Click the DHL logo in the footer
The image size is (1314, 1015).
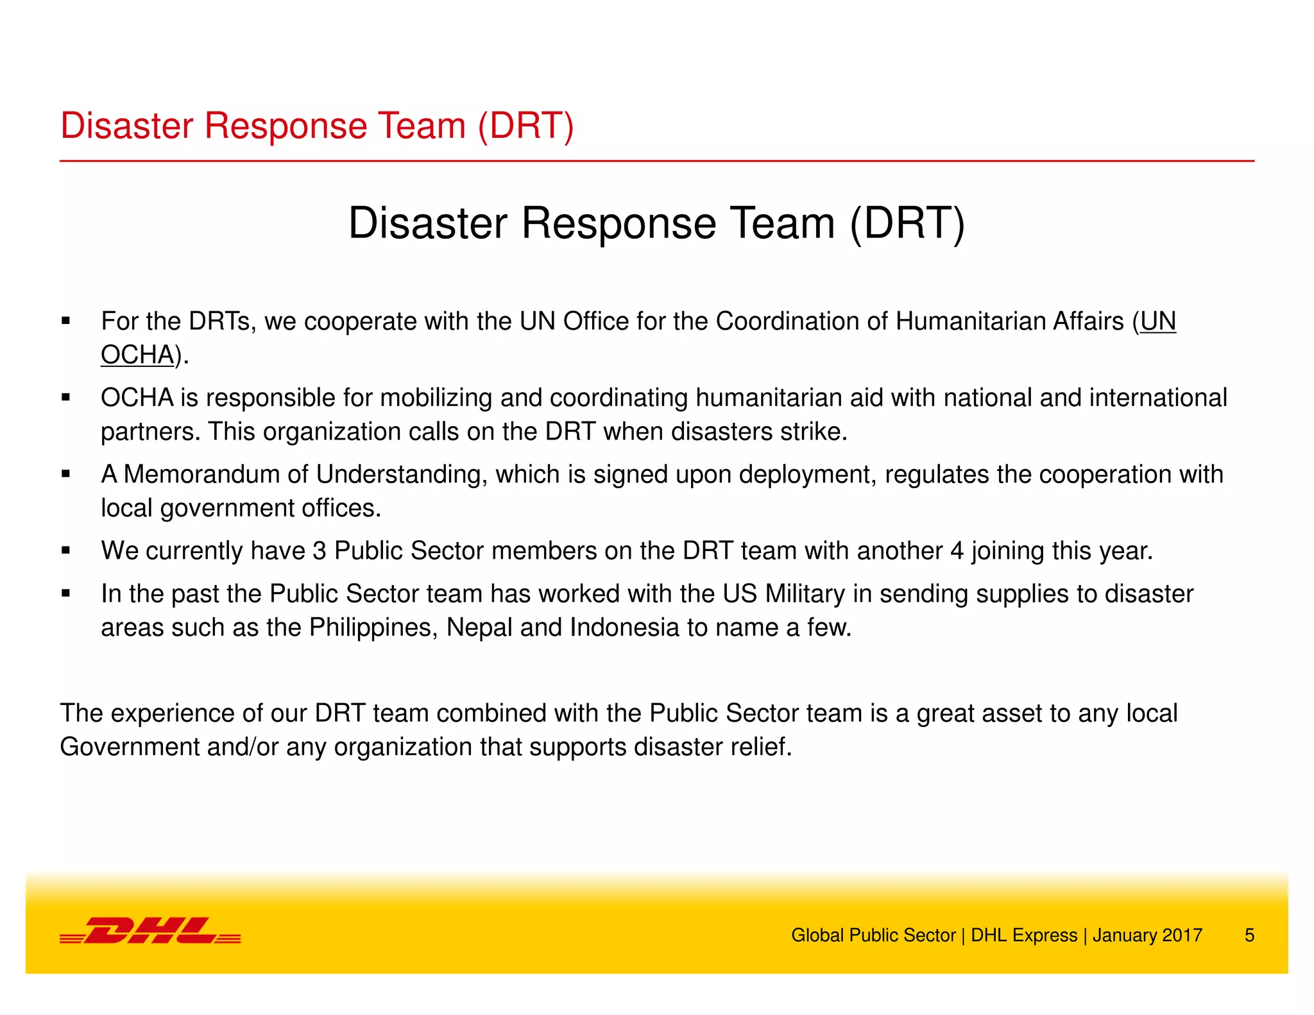pyautogui.click(x=150, y=931)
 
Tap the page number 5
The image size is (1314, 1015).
pyautogui.click(x=1249, y=935)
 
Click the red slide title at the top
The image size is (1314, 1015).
pyautogui.click(x=317, y=126)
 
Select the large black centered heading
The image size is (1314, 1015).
pyautogui.click(x=656, y=223)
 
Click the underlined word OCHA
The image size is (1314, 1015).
pyautogui.click(x=137, y=355)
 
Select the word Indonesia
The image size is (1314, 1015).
pyautogui.click(x=624, y=627)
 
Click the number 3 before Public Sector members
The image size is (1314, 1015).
pyautogui.click(x=319, y=551)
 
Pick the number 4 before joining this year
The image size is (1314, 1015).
pyautogui.click(x=957, y=551)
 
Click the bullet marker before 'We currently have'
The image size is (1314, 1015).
pyautogui.click(x=65, y=551)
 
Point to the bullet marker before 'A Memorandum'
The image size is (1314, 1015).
pyautogui.click(x=65, y=475)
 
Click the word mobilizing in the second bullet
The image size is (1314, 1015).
pyautogui.click(x=436, y=398)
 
